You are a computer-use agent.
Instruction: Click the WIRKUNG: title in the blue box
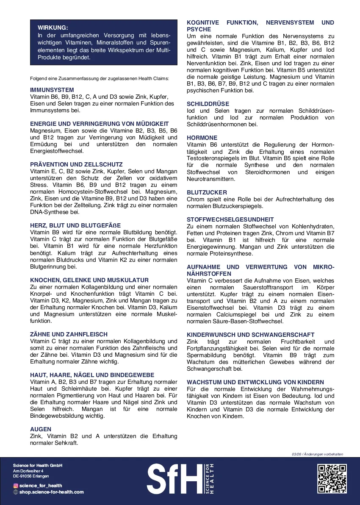53,28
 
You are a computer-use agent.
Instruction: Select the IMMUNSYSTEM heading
52,90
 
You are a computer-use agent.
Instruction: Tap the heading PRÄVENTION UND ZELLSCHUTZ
76,164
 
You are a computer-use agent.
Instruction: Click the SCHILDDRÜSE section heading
208,104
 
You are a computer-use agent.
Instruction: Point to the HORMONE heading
202,138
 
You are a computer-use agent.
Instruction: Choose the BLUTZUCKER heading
207,192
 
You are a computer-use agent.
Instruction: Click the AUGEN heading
41,429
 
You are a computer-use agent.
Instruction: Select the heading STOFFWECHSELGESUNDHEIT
230,219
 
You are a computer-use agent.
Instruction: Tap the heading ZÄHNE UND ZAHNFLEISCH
69,334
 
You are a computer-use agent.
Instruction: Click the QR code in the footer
332,478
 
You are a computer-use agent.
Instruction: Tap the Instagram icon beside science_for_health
16,486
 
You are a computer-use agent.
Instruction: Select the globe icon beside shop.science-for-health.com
16,492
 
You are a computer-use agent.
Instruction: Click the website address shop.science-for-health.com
51,492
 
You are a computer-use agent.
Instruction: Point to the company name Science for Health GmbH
38,466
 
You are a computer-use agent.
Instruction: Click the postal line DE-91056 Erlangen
31,476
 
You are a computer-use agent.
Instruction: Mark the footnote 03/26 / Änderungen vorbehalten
317,454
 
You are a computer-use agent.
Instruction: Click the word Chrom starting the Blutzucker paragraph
195,199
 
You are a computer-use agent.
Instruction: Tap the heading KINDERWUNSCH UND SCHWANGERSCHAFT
250,335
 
